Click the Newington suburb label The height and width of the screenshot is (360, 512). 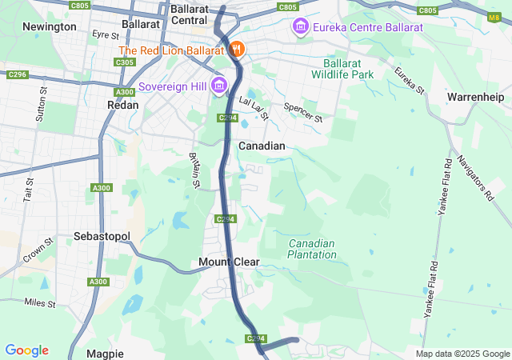pos(50,26)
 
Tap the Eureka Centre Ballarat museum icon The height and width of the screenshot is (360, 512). pos(301,28)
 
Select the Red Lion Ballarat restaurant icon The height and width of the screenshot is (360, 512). pos(237,50)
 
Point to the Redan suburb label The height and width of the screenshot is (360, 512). pos(123,104)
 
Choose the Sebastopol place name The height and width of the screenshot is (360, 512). pos(102,237)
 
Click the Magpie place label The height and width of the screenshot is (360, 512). pos(106,353)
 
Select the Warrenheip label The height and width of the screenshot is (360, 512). pos(478,97)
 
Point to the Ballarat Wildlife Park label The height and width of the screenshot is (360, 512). pos(348,69)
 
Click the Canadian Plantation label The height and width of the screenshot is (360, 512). pos(312,249)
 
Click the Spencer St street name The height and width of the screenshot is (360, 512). pos(303,112)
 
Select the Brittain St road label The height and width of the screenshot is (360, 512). pos(194,170)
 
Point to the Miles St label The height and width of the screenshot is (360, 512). pos(40,302)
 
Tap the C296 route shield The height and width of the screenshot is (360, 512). pos(17,74)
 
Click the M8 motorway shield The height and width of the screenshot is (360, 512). pos(492,16)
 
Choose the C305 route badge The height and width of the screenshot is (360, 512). pos(124,62)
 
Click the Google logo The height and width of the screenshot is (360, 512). pos(26,350)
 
